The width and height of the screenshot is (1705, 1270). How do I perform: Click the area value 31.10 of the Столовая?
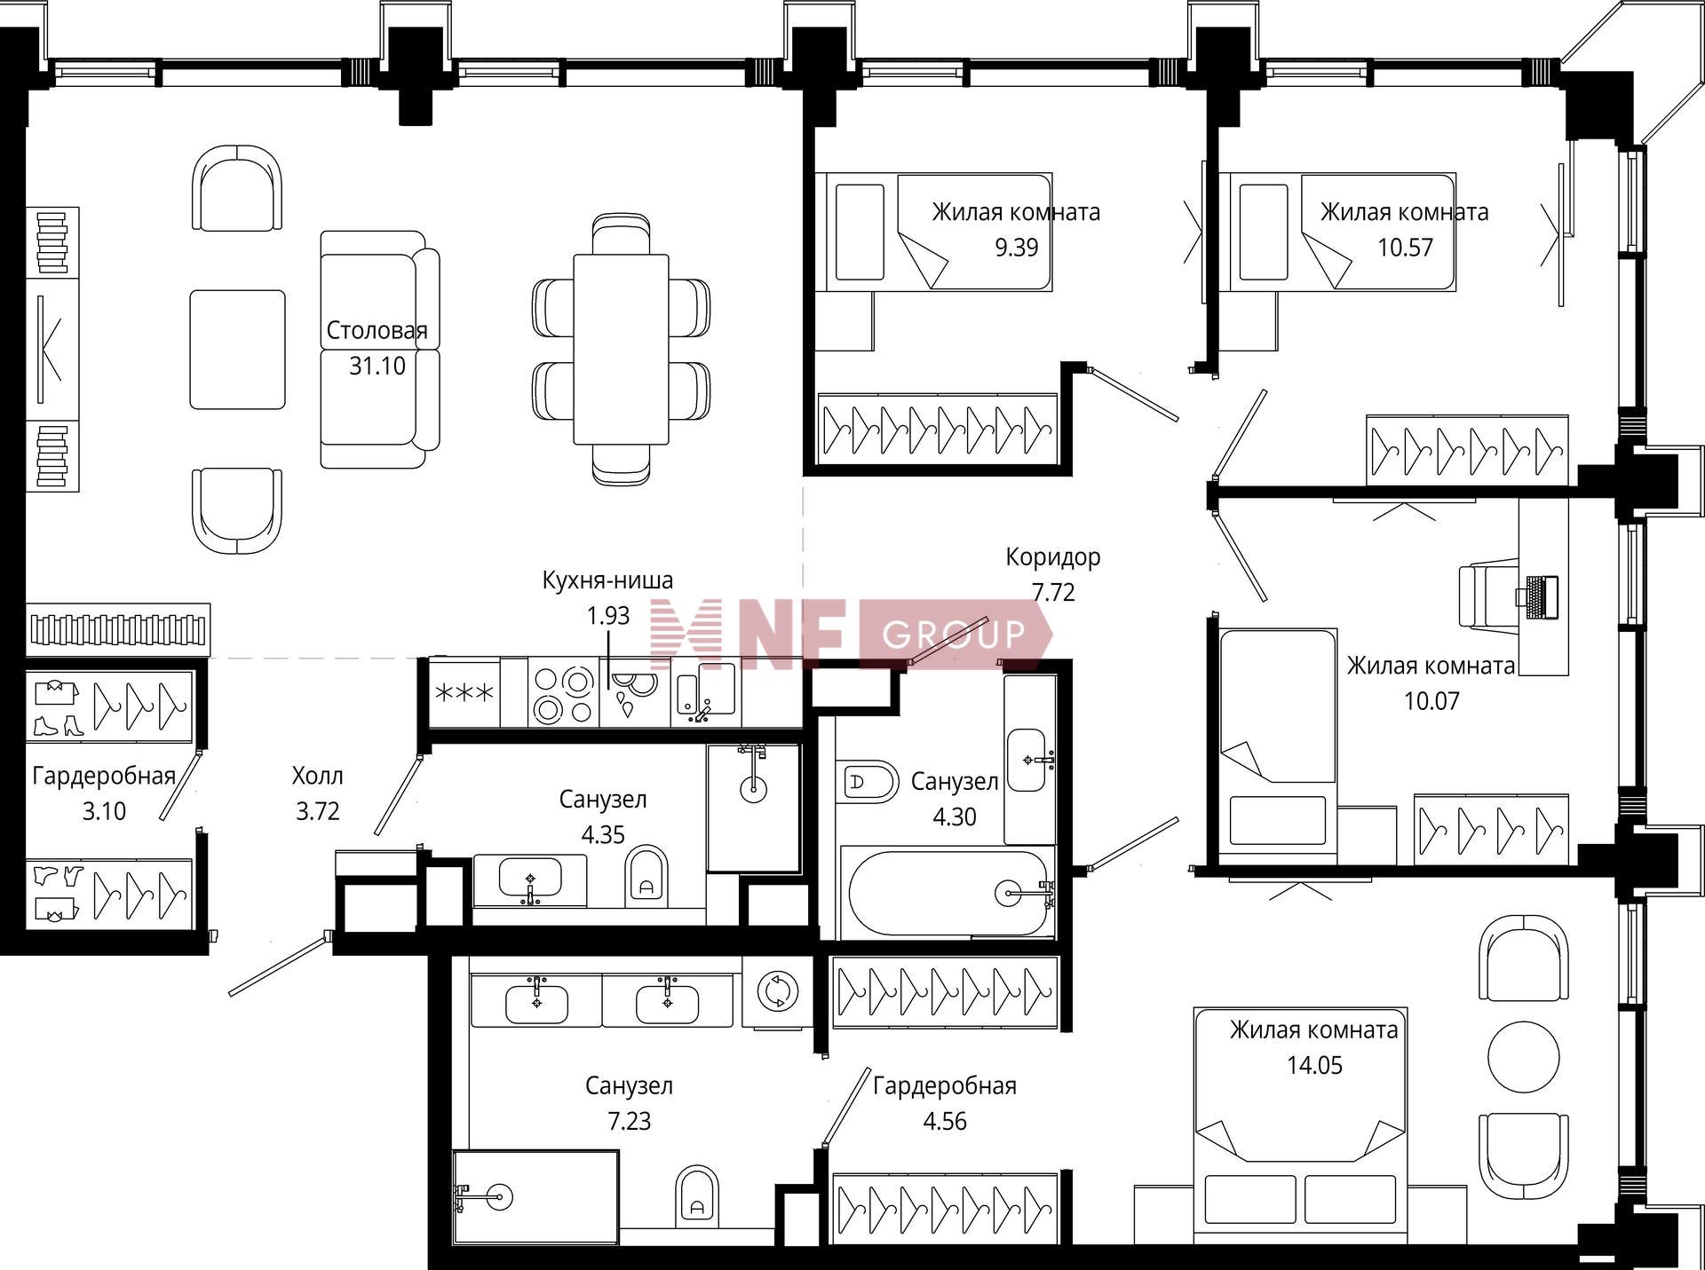point(377,366)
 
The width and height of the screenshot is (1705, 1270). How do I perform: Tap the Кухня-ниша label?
point(607,580)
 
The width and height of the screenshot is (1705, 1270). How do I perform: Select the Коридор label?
point(1053,557)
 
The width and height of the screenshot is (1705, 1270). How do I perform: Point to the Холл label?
point(317,777)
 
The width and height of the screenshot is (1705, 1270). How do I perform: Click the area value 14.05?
point(1315,1065)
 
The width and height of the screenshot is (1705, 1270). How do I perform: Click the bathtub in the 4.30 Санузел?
point(948,892)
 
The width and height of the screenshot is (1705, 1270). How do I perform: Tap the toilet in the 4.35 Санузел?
point(646,878)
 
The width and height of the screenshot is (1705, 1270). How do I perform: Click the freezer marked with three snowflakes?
point(464,693)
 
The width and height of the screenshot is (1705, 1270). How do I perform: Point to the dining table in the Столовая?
point(621,349)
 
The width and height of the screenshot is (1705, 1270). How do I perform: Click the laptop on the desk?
point(1541,597)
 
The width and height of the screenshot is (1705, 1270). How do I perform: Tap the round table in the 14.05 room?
point(1523,1058)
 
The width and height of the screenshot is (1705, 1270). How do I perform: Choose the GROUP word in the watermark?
point(954,635)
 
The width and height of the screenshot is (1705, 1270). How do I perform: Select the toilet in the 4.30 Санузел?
point(868,782)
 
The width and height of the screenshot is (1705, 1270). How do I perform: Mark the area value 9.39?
point(1016,247)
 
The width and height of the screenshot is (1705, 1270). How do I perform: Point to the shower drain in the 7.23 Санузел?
point(499,1197)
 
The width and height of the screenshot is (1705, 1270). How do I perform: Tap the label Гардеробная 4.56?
point(945,1103)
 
